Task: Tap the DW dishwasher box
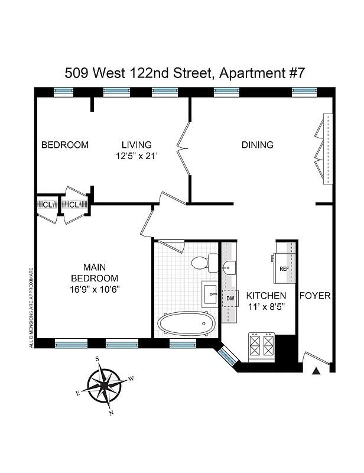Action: click(230, 299)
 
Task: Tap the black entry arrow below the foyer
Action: click(316, 371)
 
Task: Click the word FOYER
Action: click(315, 296)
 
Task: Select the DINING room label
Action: click(257, 145)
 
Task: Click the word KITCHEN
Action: click(266, 296)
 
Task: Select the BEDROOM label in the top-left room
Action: click(64, 145)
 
